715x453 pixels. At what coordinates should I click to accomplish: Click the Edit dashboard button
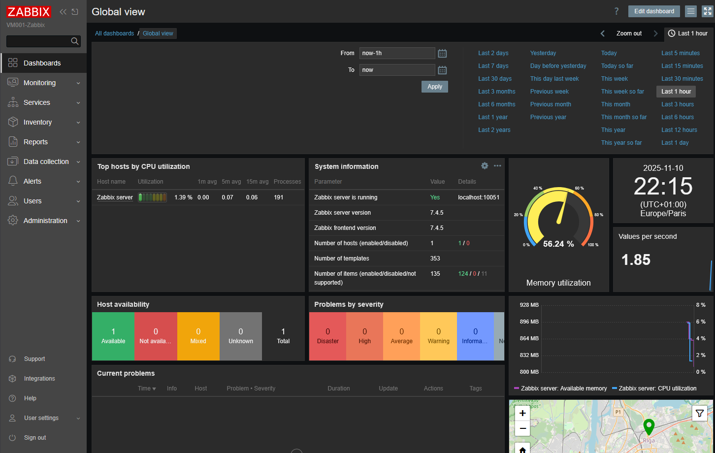pos(654,11)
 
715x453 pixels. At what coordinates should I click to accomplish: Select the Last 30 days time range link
pos(495,78)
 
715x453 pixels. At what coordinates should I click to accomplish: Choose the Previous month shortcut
pos(551,104)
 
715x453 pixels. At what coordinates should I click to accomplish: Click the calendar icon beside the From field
pos(442,53)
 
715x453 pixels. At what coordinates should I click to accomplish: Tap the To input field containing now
pos(397,70)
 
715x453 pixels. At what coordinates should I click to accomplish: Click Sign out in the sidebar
pos(35,437)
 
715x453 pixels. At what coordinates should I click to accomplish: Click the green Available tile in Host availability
pos(113,336)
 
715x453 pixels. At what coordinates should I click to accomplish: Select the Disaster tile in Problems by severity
pos(327,336)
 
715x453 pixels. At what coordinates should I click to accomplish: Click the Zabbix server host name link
pos(115,197)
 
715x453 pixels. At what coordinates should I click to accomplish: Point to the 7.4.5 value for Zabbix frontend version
pos(437,228)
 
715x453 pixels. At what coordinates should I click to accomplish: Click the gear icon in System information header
pos(485,165)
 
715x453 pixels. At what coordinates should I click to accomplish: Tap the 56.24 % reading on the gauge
pos(558,244)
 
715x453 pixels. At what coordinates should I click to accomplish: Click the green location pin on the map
pos(649,427)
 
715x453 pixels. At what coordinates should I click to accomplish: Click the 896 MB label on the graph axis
pos(529,322)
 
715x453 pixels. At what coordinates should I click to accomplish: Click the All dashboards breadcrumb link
pos(114,33)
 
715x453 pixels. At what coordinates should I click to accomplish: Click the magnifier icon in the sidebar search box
pos(75,41)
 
